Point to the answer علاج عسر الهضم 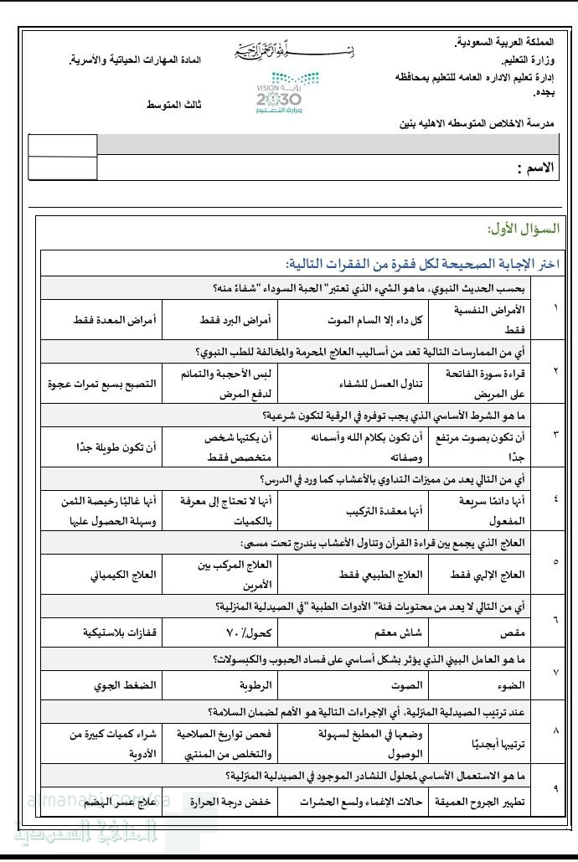tap(118, 802)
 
